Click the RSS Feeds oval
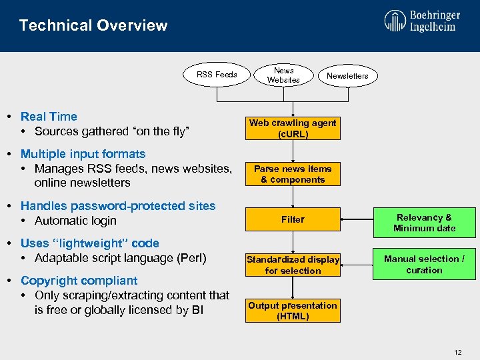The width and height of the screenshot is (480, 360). (217, 75)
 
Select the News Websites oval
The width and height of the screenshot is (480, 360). (283, 75)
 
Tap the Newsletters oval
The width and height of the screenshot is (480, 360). (347, 76)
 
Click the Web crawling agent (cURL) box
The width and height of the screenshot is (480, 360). (293, 128)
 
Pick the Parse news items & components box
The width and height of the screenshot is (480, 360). (293, 174)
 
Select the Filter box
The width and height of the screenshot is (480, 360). (293, 219)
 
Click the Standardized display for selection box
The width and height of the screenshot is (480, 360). (293, 265)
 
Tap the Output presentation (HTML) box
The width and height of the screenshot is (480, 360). (293, 311)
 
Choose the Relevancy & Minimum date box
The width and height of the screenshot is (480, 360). (424, 223)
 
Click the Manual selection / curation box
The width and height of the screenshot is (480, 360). (424, 264)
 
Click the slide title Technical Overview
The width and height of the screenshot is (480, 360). (93, 25)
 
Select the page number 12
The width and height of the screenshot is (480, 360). (457, 351)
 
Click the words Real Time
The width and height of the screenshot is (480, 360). (49, 117)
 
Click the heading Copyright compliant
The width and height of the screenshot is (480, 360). (79, 281)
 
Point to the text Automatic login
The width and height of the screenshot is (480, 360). (75, 221)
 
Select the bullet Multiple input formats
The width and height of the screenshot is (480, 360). (83, 154)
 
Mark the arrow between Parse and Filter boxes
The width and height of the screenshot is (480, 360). (293, 197)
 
